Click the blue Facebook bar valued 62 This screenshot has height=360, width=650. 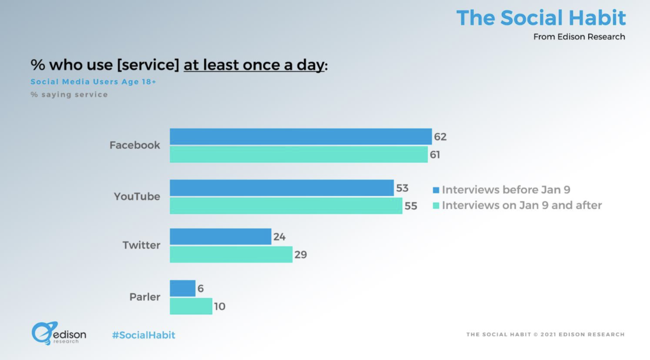(x=300, y=137)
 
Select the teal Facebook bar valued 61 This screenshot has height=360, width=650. (x=298, y=154)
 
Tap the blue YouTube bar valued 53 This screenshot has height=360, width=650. (x=281, y=188)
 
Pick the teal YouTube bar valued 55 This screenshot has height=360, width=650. (x=286, y=206)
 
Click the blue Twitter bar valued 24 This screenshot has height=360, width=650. (x=220, y=236)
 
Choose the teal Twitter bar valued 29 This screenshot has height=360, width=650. (x=231, y=254)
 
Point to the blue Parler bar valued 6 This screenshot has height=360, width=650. (x=182, y=288)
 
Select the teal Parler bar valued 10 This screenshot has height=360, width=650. (x=191, y=306)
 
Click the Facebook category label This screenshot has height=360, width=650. (x=135, y=145)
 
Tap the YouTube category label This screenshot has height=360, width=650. (x=137, y=196)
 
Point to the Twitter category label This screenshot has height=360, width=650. (x=141, y=245)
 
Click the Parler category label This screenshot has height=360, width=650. (x=145, y=297)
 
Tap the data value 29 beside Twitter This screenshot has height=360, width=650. (x=300, y=255)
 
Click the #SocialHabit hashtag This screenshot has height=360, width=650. (x=143, y=335)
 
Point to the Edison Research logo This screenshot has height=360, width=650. (x=58, y=333)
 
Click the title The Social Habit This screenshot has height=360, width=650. (x=540, y=18)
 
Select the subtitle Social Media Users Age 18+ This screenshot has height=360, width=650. (x=93, y=82)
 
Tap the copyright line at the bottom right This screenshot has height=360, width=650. (x=545, y=335)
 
